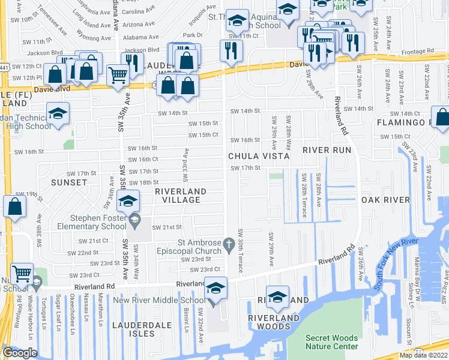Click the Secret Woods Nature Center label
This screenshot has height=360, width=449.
tap(331, 342)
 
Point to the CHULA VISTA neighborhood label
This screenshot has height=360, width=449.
tap(258, 156)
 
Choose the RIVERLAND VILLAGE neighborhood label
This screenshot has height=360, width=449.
tap(181, 195)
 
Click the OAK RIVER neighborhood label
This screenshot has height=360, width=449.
tap(385, 199)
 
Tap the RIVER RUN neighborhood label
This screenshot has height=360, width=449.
tap(326, 149)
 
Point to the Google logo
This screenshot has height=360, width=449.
tap(20, 353)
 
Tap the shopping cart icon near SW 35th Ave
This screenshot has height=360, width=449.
tap(117, 75)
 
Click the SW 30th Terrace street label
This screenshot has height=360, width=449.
tap(241, 250)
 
